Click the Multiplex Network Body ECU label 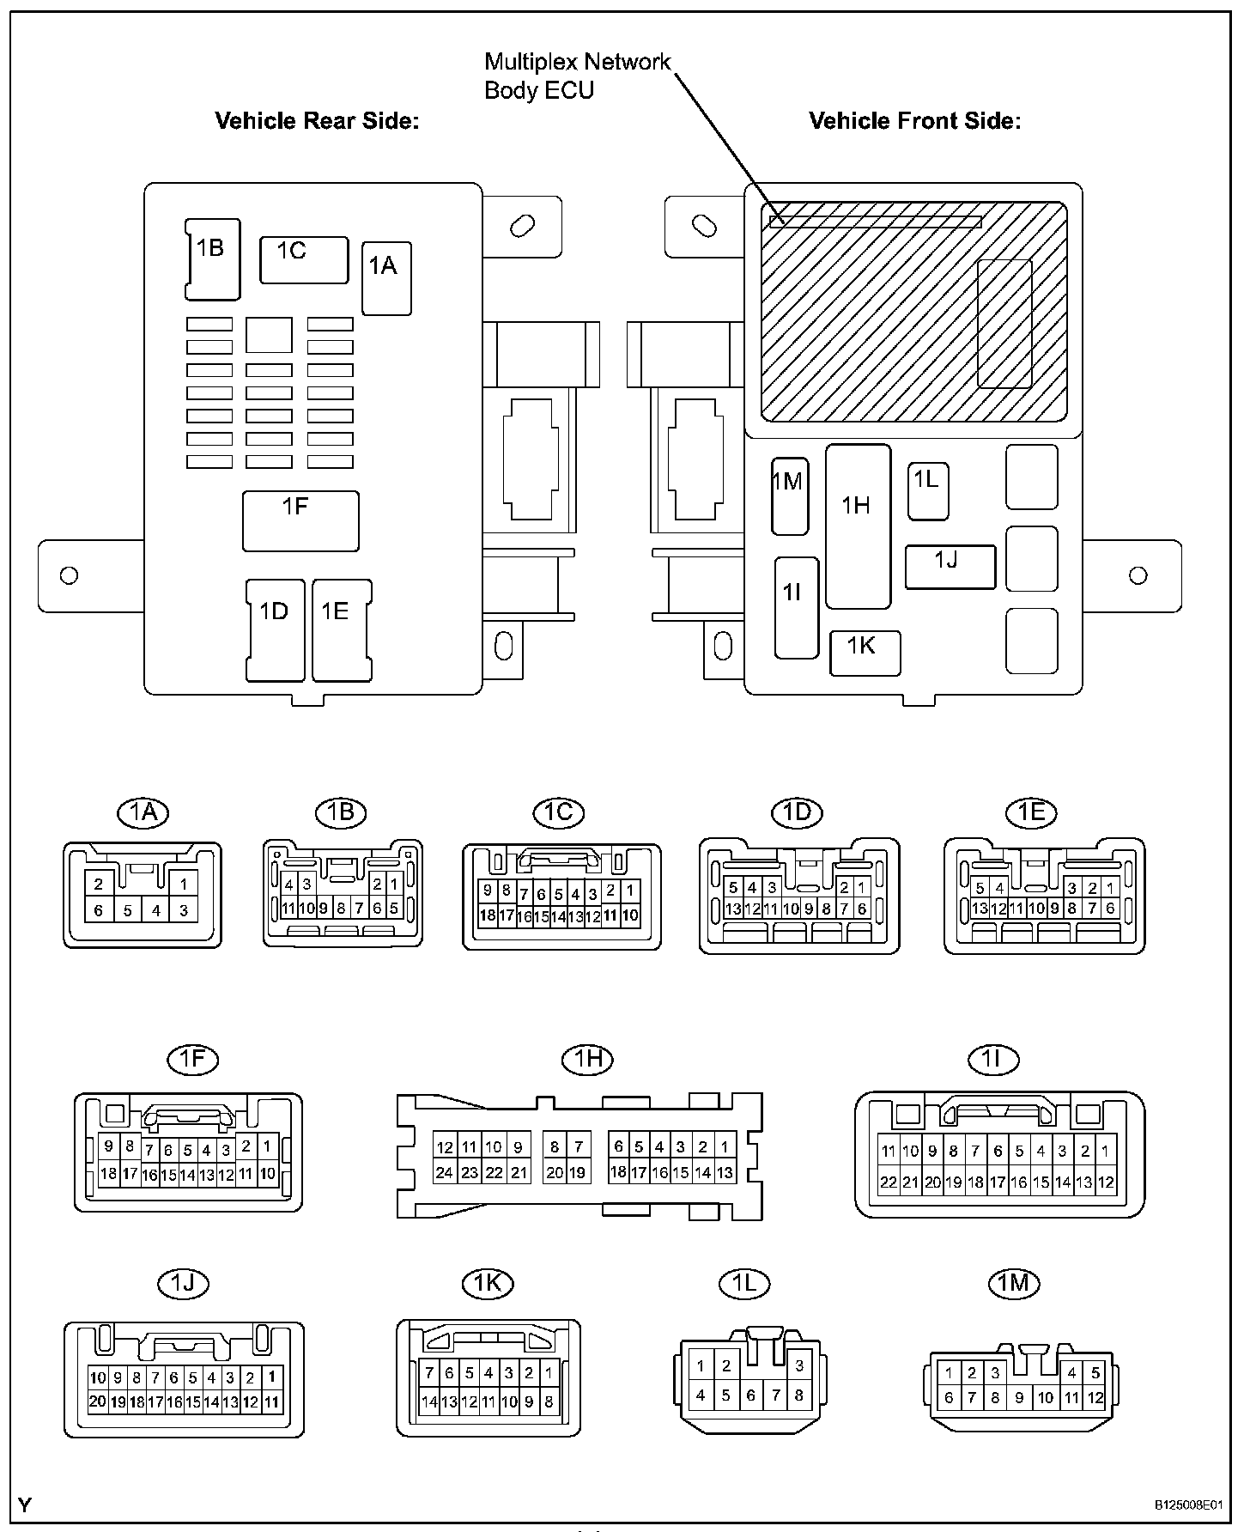[x=578, y=76]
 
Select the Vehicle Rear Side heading [x=317, y=120]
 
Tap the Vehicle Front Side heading [x=915, y=120]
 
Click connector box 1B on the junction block [x=213, y=259]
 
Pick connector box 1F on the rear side [x=300, y=521]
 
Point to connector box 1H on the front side [x=858, y=526]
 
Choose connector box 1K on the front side [x=865, y=653]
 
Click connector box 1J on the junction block [x=950, y=567]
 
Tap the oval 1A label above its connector [x=143, y=812]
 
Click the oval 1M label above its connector [x=1013, y=1283]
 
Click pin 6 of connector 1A [x=99, y=910]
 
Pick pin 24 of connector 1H [x=444, y=1172]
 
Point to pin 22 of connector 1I [x=888, y=1182]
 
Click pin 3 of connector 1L [x=799, y=1365]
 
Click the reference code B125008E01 [x=1189, y=1505]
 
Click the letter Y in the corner [x=25, y=1505]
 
